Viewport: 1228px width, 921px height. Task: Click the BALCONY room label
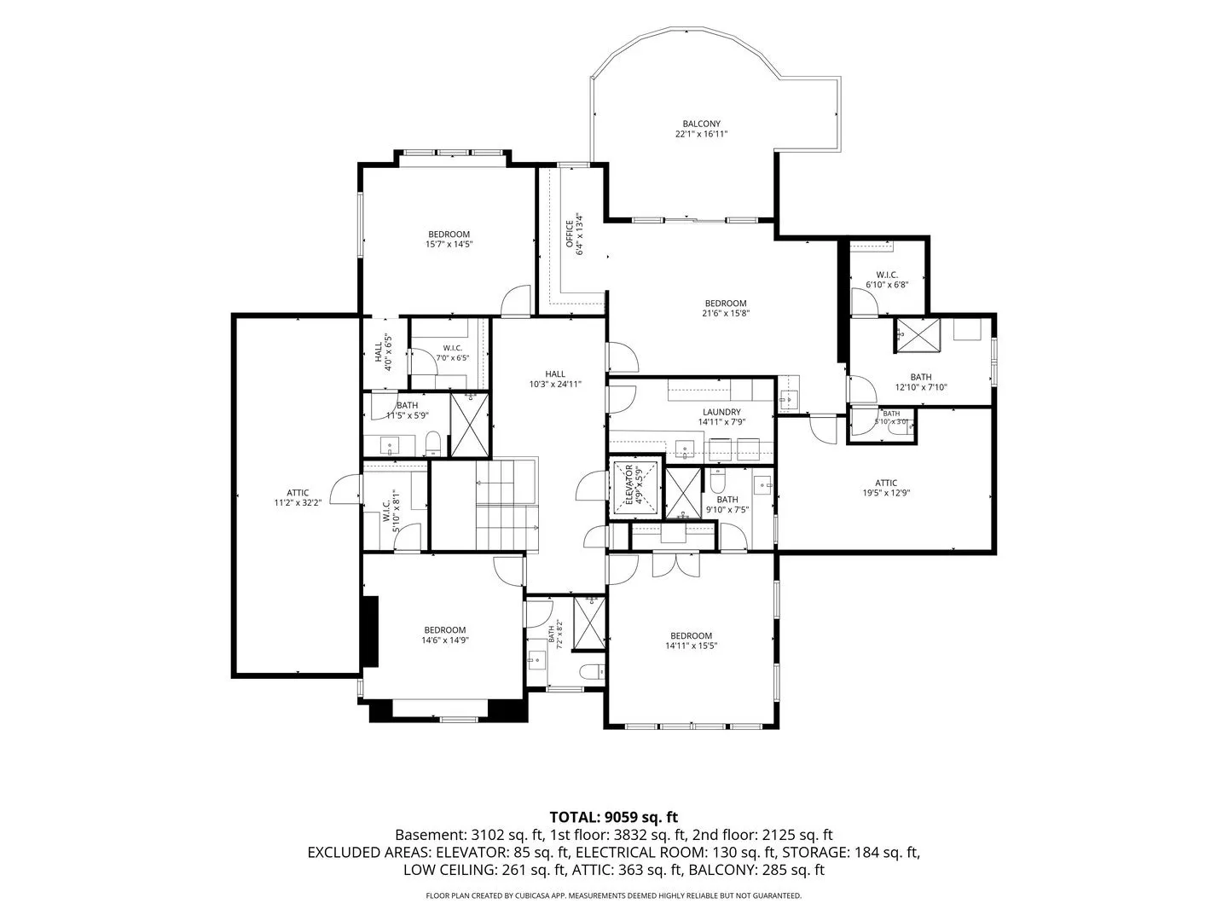(701, 124)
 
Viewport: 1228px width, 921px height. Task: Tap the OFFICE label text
(569, 234)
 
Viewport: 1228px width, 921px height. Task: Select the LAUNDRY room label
(721, 412)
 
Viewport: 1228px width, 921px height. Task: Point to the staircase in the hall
(507, 505)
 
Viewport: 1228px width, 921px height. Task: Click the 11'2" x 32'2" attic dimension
(298, 503)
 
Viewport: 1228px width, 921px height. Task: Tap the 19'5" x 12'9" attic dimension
(886, 493)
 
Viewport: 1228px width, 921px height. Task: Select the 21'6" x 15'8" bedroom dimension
(726, 313)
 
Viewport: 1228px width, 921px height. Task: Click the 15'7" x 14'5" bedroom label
(449, 239)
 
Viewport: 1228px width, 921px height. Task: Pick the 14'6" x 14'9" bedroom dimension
(445, 640)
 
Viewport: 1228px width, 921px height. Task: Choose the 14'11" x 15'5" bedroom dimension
(691, 646)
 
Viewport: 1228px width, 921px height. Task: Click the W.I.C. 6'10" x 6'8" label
(887, 280)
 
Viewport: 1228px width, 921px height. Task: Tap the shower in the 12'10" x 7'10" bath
(918, 335)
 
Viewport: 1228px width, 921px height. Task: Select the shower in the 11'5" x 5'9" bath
(469, 425)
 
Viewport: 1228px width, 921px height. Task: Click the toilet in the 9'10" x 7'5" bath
(717, 480)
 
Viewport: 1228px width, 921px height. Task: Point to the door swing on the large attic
(345, 489)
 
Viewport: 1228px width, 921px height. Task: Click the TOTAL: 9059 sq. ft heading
(614, 818)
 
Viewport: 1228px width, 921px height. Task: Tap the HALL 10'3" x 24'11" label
(555, 379)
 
